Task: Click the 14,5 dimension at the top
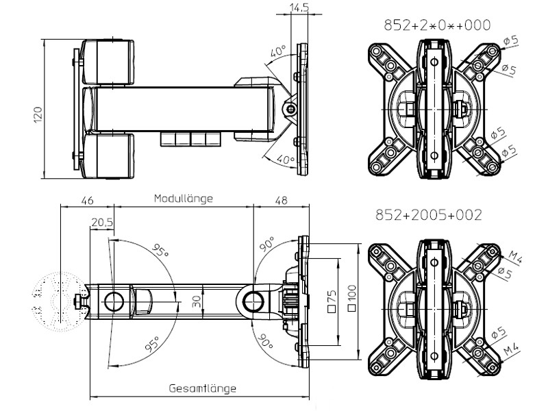(x=298, y=8)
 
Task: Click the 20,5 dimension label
(x=102, y=222)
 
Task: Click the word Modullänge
(x=183, y=199)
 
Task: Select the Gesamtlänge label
(x=203, y=388)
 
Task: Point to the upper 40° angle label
(x=277, y=52)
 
